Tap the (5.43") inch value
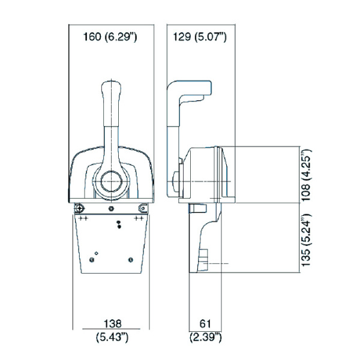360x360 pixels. [111, 338]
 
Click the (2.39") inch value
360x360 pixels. [206, 338]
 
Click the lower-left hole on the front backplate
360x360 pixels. [91, 259]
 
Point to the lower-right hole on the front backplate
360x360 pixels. [130, 259]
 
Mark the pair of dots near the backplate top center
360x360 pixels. [119, 224]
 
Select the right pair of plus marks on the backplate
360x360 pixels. [139, 219]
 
